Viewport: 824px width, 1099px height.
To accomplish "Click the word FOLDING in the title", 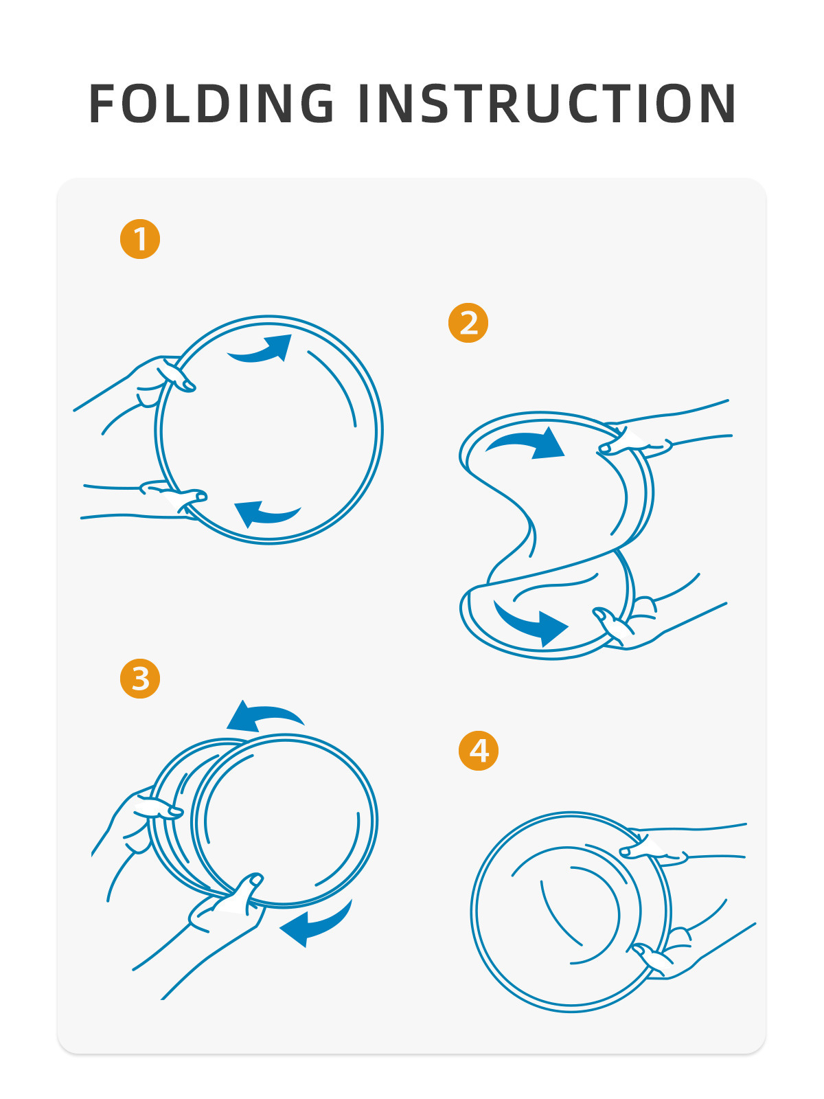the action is coord(211,103).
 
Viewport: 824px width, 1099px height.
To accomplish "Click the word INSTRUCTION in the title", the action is coord(547,103).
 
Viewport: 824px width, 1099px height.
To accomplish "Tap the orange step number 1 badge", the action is coord(140,239).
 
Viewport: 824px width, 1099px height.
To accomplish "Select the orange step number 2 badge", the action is coord(468,322).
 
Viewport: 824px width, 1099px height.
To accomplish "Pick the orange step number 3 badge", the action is coord(140,679).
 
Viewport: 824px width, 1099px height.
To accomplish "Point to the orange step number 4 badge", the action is coord(479,751).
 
